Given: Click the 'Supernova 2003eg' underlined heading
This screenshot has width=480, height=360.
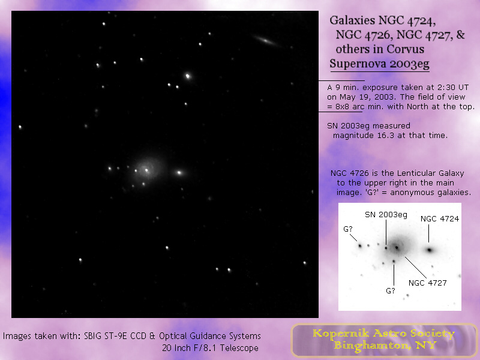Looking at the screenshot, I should [x=379, y=62].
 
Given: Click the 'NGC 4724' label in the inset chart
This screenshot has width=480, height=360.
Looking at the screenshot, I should [x=440, y=219].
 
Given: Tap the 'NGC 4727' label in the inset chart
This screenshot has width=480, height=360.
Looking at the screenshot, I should [x=427, y=283].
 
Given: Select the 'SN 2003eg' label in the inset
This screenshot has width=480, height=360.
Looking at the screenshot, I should [x=386, y=214].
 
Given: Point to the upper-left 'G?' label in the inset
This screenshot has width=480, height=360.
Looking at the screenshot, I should [x=349, y=229].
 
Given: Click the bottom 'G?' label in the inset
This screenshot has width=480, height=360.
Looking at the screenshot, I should [x=391, y=291].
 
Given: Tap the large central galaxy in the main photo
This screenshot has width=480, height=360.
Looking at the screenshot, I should [x=146, y=170].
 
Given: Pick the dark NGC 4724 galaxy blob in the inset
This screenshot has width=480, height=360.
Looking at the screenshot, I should [x=430, y=250].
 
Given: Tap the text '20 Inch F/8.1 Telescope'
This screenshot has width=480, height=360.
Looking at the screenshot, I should [x=212, y=347].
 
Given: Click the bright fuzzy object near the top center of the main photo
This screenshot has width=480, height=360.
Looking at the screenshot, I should [x=188, y=76].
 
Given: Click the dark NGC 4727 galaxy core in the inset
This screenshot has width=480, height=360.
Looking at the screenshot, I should [x=396, y=247].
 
